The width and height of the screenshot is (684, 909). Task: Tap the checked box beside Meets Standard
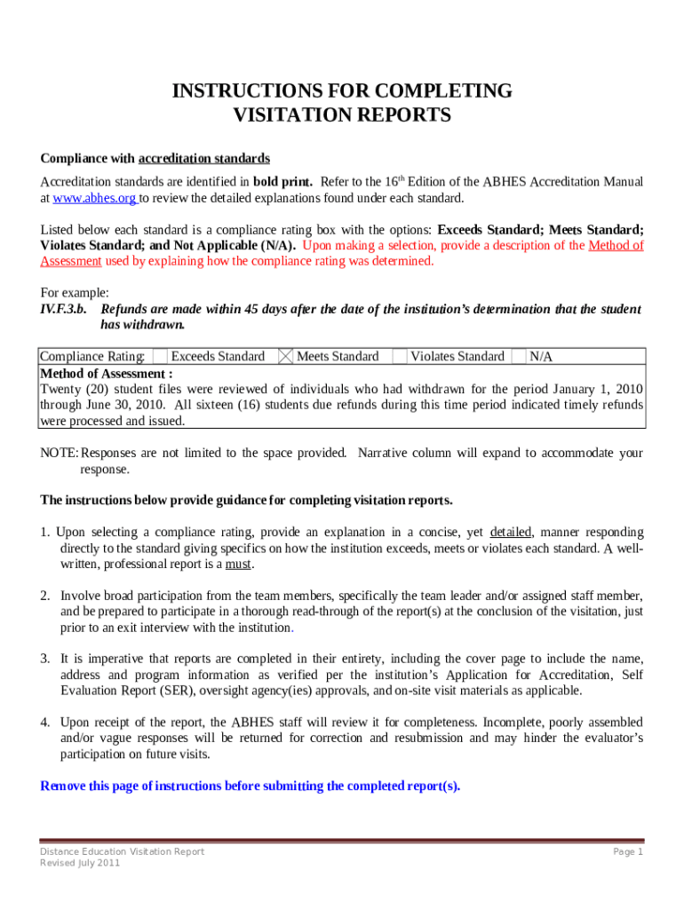pyautogui.click(x=286, y=357)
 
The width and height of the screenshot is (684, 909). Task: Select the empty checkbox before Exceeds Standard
pyautogui.click(x=160, y=357)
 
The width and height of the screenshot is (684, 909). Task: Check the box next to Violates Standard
pyautogui.click(x=399, y=357)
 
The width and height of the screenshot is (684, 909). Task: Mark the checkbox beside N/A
pyautogui.click(x=519, y=357)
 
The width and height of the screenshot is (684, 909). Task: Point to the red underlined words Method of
pyautogui.click(x=616, y=246)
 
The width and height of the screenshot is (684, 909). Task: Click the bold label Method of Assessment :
pyautogui.click(x=107, y=374)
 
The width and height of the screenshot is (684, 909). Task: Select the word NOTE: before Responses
pyautogui.click(x=60, y=454)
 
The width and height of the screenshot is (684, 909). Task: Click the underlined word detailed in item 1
pyautogui.click(x=511, y=533)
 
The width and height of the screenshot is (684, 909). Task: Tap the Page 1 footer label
pyautogui.click(x=627, y=852)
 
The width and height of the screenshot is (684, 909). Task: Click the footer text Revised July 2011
pyautogui.click(x=80, y=864)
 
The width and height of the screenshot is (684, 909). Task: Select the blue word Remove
pyautogui.click(x=64, y=786)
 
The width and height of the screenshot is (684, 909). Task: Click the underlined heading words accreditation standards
pyautogui.click(x=204, y=159)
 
